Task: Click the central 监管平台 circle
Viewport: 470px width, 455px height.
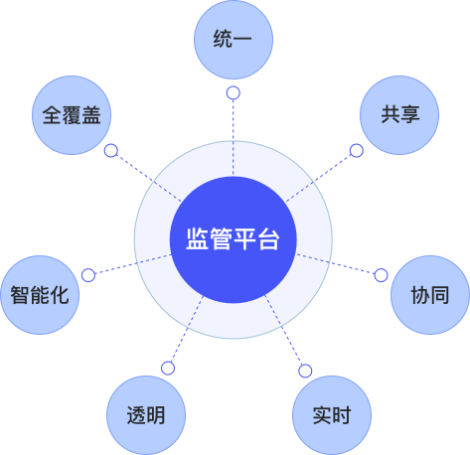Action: (234, 239)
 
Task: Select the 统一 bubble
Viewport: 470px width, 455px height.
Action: (234, 40)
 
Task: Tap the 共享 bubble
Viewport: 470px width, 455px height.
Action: (399, 115)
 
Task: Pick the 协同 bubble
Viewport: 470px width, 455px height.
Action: (430, 295)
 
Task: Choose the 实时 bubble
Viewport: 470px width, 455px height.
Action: (332, 415)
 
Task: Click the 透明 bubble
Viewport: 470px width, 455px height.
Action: (146, 415)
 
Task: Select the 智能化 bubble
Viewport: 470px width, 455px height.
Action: (40, 295)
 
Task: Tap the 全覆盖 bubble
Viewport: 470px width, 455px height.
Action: (72, 115)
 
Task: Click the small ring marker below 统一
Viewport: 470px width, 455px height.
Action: (234, 93)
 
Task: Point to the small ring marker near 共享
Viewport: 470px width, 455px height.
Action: (357, 151)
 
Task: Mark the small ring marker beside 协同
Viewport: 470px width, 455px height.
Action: (381, 275)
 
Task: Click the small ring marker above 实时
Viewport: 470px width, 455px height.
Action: (305, 371)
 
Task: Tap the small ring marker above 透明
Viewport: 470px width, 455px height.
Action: (168, 369)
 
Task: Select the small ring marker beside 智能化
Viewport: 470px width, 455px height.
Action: (88, 275)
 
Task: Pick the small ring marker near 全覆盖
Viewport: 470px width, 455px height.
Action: (111, 151)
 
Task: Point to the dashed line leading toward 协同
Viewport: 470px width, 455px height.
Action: (336, 264)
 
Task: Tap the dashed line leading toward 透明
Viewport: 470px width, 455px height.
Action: (187, 329)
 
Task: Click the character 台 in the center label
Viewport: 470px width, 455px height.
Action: (269, 239)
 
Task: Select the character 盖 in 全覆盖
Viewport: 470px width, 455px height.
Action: (91, 115)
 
